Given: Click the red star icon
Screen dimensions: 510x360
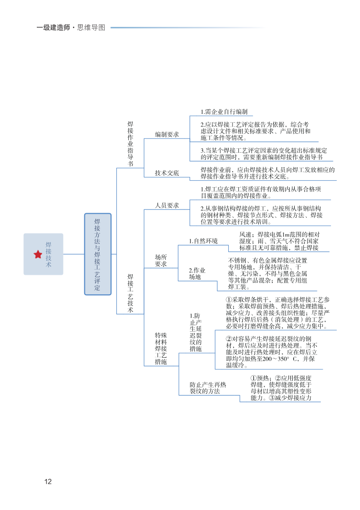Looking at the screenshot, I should coord(38,255).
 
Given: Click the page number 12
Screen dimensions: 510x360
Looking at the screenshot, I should coord(47,481).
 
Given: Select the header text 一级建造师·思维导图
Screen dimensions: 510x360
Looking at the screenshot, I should coord(71,28).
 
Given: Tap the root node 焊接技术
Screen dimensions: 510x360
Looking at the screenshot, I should coord(48,255).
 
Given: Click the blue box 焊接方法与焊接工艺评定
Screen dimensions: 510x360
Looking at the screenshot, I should coord(97,254).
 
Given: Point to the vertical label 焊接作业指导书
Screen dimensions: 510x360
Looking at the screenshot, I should coord(130,144).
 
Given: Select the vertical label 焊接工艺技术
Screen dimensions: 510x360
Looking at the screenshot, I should coord(130,293).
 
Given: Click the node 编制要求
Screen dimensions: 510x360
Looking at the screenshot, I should coord(167,134).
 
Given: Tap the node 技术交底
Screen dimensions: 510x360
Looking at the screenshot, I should coord(167,173).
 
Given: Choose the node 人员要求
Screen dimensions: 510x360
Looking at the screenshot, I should coord(167,205).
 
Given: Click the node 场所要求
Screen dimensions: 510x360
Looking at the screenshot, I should coord(161,260).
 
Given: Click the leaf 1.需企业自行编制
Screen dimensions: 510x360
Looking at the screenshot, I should coord(224,112).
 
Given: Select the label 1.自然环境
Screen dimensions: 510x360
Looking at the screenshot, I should coord(203,241).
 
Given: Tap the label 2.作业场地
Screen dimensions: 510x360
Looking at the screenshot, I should coord(197,273).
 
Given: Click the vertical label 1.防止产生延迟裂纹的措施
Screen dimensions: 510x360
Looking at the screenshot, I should coord(195,332).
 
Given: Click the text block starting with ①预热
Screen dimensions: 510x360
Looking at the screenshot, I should coord(281,388).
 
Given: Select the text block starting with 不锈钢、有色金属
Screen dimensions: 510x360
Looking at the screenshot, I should coord(267,273).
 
